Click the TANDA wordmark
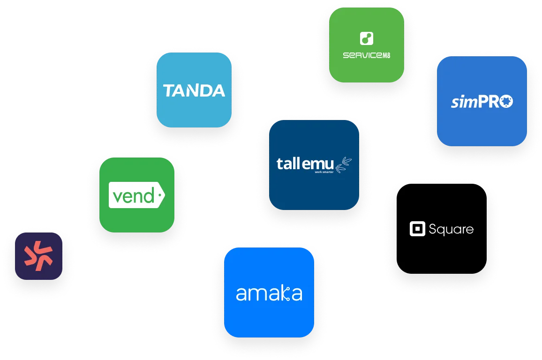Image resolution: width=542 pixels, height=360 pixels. (194, 90)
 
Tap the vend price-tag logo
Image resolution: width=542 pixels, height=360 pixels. (136, 195)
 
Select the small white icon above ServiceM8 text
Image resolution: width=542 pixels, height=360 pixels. (366, 38)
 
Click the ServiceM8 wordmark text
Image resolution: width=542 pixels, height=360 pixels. (366, 55)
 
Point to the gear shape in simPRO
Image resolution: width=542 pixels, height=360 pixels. (505, 101)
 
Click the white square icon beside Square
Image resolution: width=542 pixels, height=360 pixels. (417, 229)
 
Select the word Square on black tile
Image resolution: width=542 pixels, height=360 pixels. (451, 229)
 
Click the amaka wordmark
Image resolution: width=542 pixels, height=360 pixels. (269, 293)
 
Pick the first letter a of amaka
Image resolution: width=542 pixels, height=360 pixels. (241, 294)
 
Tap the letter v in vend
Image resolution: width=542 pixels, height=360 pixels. (116, 197)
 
